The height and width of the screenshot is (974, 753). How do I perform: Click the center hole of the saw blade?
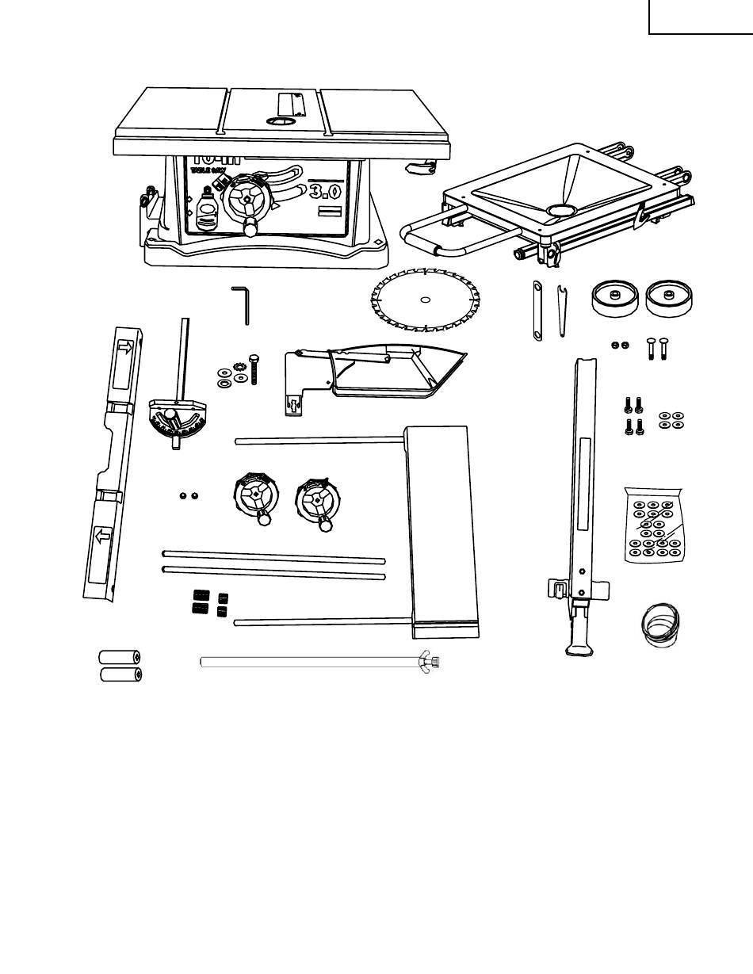425,300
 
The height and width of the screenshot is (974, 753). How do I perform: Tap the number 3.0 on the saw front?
326,191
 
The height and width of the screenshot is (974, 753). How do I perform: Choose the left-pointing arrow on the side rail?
103,537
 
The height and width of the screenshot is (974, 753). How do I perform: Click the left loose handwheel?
255,496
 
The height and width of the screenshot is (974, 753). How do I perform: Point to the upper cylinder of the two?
120,657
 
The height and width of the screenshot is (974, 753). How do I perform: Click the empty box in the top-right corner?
701,17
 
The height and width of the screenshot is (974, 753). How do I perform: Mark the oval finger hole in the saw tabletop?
280,121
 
